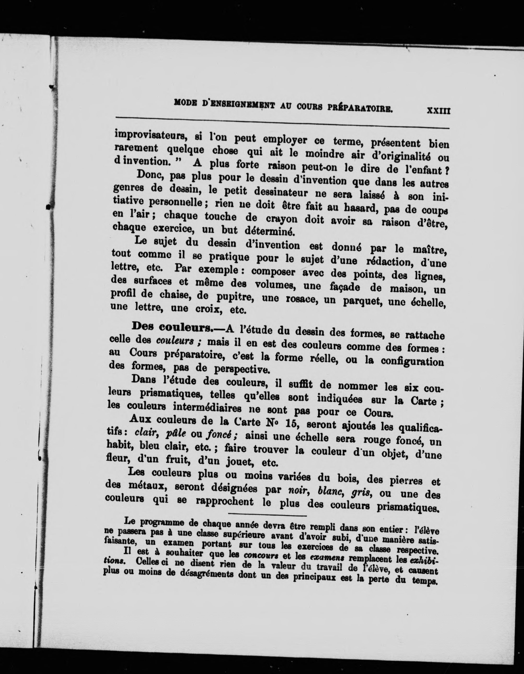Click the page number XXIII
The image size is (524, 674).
[438, 111]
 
